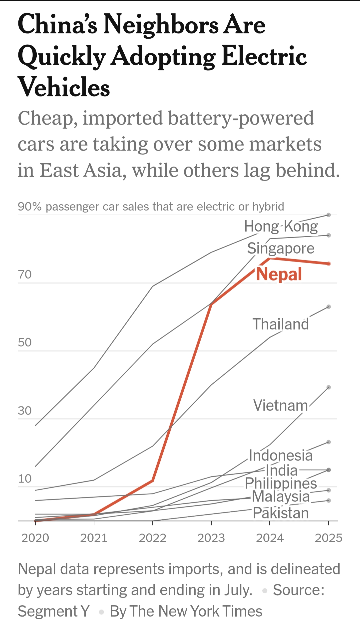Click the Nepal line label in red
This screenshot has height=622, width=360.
279,274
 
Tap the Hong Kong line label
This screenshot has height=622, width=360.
281,227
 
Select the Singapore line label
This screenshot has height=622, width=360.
281,249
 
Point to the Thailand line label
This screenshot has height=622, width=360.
281,324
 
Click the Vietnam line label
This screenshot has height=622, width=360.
281,405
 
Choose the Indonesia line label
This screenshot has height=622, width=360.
281,455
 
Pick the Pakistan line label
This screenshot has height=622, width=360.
281,513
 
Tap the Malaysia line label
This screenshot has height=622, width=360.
281,496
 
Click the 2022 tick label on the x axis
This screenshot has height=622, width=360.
152,538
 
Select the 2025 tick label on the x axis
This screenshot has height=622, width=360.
328,538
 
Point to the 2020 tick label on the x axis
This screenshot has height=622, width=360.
35,538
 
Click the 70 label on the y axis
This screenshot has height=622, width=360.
25,275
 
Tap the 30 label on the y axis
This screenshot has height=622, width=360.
25,411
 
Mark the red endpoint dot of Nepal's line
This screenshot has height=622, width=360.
329,264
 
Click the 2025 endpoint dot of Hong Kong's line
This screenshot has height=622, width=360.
329,215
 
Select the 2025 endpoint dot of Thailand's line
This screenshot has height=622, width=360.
329,307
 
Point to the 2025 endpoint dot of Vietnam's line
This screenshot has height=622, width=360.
329,387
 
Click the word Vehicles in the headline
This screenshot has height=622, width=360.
64,87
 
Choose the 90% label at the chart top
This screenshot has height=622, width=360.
30,207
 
